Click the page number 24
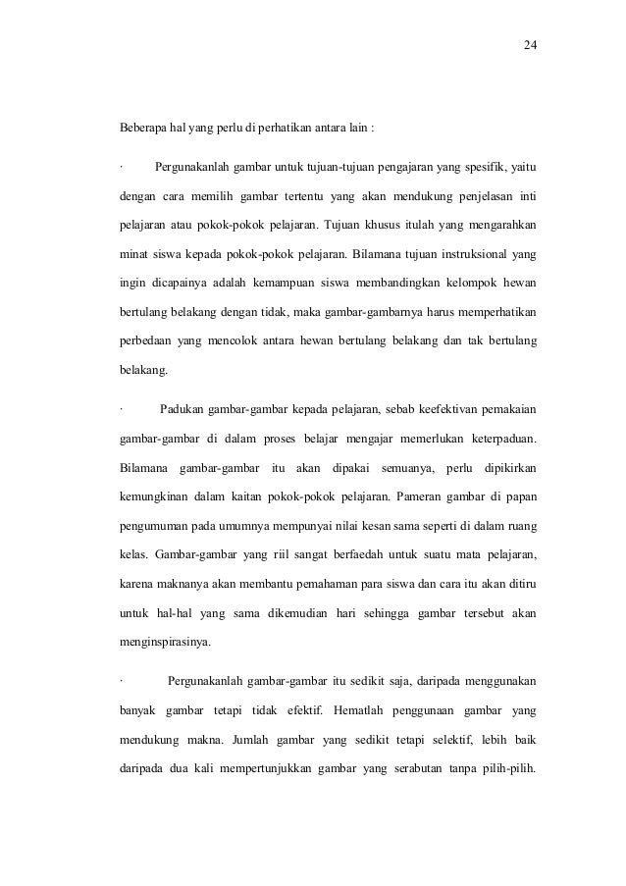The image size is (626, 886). [530, 45]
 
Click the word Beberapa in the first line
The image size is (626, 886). [144, 129]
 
